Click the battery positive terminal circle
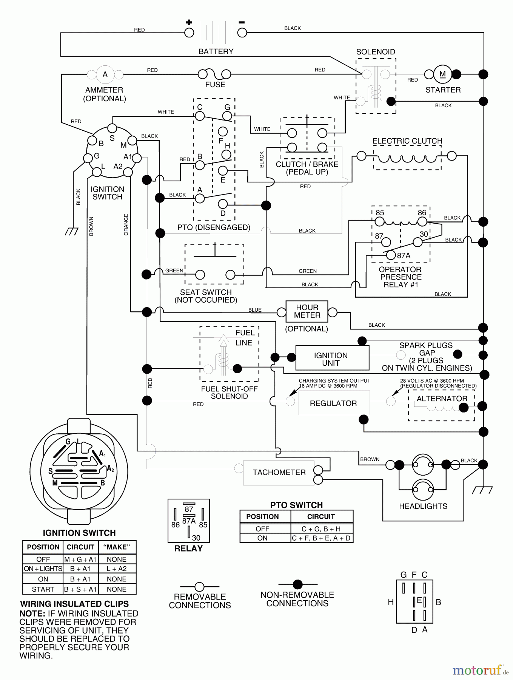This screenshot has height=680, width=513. (189, 33)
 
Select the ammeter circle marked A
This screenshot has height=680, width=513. (105, 74)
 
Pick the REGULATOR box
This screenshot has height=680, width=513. (334, 403)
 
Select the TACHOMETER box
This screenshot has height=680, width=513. (279, 473)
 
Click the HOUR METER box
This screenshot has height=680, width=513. (307, 311)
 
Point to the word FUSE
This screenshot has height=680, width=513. (215, 85)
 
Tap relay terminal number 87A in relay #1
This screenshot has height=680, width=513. (391, 255)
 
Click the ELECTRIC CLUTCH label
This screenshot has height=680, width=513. (407, 141)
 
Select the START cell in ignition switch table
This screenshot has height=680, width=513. (43, 589)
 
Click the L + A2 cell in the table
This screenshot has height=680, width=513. (117, 569)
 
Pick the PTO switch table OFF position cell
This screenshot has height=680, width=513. (262, 529)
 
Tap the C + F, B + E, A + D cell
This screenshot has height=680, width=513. (321, 538)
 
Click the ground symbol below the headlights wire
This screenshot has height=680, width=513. (482, 490)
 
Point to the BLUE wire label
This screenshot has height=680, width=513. (255, 310)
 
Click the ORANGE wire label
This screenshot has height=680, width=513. (126, 225)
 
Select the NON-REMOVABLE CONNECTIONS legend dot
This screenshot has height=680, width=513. (298, 584)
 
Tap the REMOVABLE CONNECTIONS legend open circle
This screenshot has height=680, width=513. (199, 587)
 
